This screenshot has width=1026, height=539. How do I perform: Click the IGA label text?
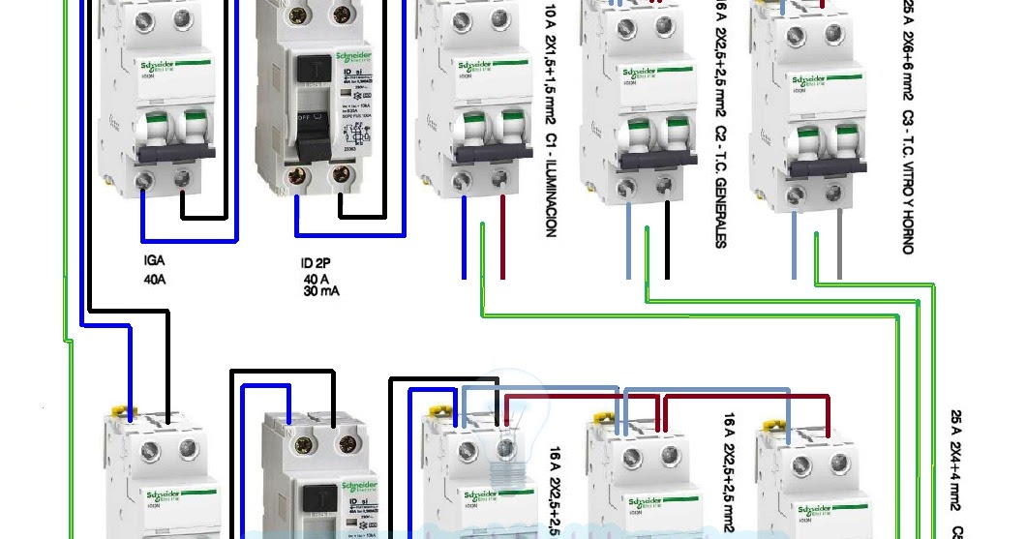click(x=153, y=261)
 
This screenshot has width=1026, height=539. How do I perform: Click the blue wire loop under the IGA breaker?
click(x=189, y=238)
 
